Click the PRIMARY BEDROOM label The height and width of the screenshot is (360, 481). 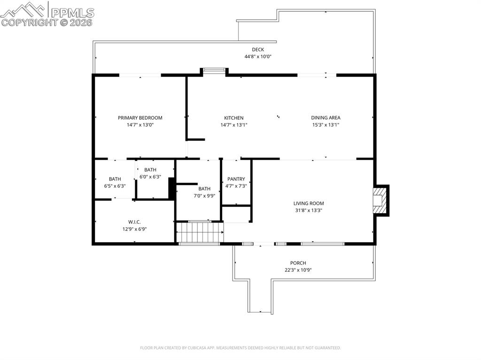pyautogui.click(x=140, y=118)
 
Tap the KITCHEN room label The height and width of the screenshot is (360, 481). pyautogui.click(x=233, y=118)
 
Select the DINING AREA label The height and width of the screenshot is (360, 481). pyautogui.click(x=326, y=118)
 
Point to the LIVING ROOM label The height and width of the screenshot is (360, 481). pyautogui.click(x=309, y=203)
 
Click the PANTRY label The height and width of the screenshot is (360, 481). pyautogui.click(x=236, y=179)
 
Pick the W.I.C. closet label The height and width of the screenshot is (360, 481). pyautogui.click(x=134, y=222)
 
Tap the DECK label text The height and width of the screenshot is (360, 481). pyautogui.click(x=258, y=49)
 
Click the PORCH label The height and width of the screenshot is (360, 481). pyautogui.click(x=298, y=263)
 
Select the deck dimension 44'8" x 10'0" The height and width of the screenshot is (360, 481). pyautogui.click(x=258, y=56)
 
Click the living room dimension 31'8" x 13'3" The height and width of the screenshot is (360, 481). pyautogui.click(x=309, y=210)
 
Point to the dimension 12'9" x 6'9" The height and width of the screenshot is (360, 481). pyautogui.click(x=134, y=229)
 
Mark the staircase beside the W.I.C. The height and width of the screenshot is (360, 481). pyautogui.click(x=199, y=232)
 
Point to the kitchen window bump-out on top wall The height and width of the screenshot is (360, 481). pyautogui.click(x=214, y=70)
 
